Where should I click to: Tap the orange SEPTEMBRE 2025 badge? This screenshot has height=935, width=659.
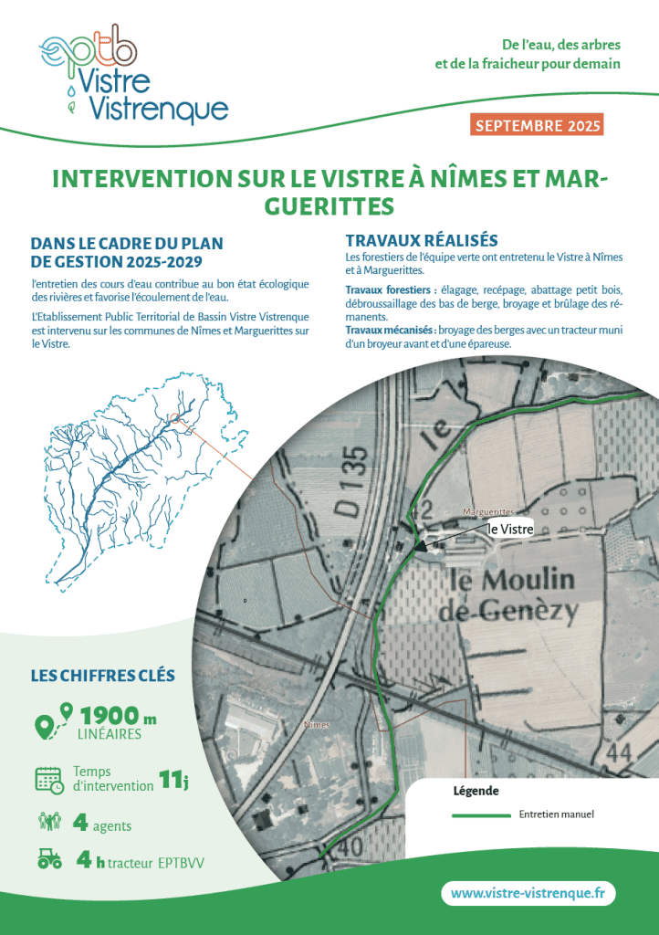tap(536, 125)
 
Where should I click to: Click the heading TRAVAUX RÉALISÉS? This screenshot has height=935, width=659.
tap(421, 240)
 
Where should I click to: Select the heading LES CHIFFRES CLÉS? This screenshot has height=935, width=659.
tap(103, 676)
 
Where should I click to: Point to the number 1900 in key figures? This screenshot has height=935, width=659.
tap(109, 715)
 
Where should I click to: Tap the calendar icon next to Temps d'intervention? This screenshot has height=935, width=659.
tap(48, 779)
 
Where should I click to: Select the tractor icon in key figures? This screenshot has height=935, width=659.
tap(49, 859)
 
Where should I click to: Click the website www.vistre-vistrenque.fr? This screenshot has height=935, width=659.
tap(528, 893)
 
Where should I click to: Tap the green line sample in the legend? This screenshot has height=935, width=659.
tap(481, 814)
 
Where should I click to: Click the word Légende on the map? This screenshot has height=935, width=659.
tap(476, 791)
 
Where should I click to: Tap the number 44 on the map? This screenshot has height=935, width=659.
tap(618, 753)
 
